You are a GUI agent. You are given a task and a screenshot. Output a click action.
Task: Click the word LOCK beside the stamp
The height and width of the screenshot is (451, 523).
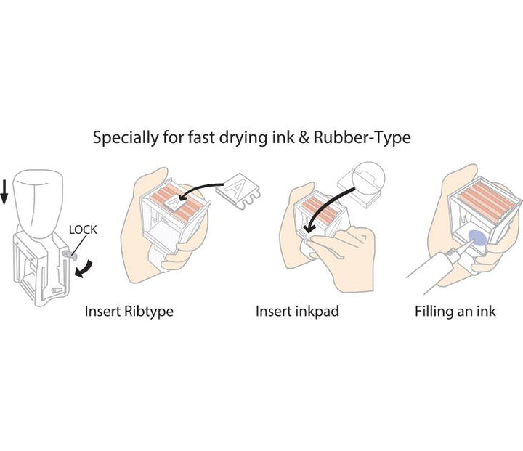(x=82, y=229)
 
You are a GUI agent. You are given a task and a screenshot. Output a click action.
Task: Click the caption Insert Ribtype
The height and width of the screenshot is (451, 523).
(x=129, y=312)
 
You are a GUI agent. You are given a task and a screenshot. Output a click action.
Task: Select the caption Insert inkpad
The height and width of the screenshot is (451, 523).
(x=297, y=312)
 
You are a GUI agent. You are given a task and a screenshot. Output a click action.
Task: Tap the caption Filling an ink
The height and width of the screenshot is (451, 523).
(x=455, y=312)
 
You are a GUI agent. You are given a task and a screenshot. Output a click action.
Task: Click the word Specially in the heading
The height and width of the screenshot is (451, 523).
(x=121, y=137)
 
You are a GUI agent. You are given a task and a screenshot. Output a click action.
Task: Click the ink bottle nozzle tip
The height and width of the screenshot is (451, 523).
(x=456, y=249)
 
